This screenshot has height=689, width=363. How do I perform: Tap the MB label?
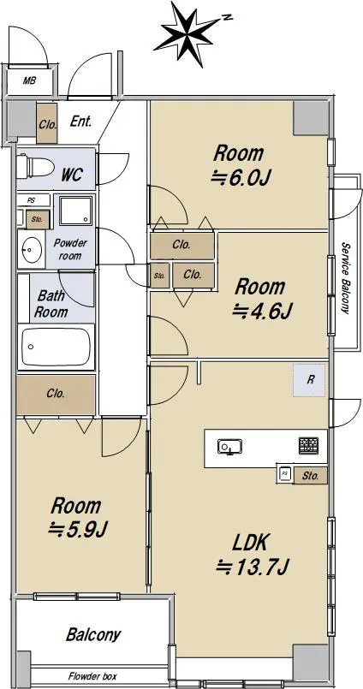[x=29, y=80]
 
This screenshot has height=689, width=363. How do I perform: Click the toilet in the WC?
[x=35, y=168]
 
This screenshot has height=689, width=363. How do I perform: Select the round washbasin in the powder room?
[x=31, y=251]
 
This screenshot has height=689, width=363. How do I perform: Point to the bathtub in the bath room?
[x=56, y=347]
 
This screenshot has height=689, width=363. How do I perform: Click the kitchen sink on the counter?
[x=229, y=448]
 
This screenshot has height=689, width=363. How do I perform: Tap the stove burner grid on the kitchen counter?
[x=309, y=446]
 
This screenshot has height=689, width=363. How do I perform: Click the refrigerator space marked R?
[x=310, y=381]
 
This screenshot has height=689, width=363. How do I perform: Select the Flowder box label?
[x=92, y=676]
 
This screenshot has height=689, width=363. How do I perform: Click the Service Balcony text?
[x=346, y=278]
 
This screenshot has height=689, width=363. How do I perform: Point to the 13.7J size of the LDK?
[x=252, y=568]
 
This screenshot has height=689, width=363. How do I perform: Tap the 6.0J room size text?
[x=241, y=179]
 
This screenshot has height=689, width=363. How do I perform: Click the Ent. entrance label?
[x=81, y=122]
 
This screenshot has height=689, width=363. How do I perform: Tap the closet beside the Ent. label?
[x=47, y=123]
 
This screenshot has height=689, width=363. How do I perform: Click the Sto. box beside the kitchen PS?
[x=310, y=476]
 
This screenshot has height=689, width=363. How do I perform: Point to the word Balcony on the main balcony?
[x=93, y=635]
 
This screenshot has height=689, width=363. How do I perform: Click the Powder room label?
[x=70, y=249]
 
